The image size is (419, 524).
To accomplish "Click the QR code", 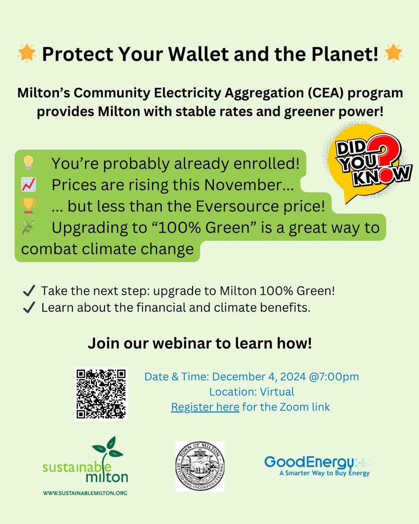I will [x=101, y=394].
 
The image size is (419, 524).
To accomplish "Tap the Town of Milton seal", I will [x=200, y=466].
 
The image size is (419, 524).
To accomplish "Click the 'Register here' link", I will [x=205, y=407].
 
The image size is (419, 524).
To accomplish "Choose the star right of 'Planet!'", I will [x=393, y=55].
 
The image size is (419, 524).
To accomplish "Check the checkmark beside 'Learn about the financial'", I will [x=29, y=307].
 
